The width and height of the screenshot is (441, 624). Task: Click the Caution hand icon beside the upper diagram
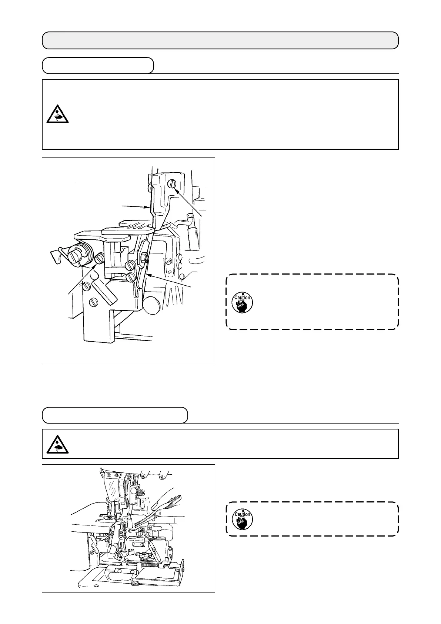pos(242,302)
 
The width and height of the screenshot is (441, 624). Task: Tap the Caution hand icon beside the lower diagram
pos(242,519)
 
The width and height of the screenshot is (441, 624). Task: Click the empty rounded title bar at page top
pos(220,40)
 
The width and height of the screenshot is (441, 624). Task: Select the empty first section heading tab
pos(98,66)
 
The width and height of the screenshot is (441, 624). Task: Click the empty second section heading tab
pos(115,415)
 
